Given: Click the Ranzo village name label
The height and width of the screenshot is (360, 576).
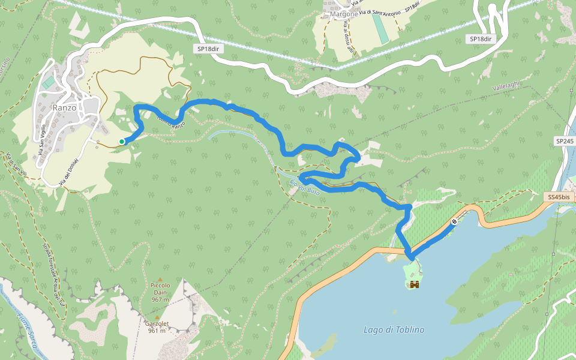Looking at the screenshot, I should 64,108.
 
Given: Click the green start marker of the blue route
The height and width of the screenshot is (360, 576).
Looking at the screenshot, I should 122,142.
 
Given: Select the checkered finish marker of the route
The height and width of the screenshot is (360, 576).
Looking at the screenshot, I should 454,221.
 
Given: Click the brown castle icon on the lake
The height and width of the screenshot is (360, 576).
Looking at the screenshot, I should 414,286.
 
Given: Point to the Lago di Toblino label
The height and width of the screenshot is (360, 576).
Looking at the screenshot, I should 394,329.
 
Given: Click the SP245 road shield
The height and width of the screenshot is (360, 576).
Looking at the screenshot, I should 565,141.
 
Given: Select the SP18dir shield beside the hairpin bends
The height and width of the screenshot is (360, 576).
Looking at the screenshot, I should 480,39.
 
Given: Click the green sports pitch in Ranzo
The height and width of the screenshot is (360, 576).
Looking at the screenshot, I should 47,82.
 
